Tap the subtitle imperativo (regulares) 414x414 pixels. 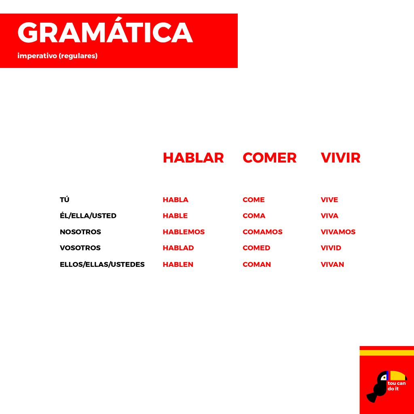tap(57, 56)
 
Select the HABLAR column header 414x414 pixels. tap(193, 158)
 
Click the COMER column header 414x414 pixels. tap(270, 158)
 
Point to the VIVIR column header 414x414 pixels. tap(340, 158)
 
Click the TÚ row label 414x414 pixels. tap(64, 199)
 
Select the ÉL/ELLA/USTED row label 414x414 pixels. tap(88, 215)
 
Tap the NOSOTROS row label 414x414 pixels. tap(80, 232)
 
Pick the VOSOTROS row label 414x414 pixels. tap(80, 248)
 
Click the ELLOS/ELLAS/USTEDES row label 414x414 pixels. tap(102, 264)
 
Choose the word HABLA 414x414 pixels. tap(175, 200)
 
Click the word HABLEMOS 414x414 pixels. tap(184, 232)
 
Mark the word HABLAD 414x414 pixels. tap(178, 248)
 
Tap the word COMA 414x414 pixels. tap(254, 216)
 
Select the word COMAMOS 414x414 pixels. tap(262, 232)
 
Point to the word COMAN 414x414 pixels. tap(257, 264)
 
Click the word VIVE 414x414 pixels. tap(329, 200)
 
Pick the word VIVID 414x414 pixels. tap(331, 248)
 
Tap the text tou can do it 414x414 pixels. tap(397, 386)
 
